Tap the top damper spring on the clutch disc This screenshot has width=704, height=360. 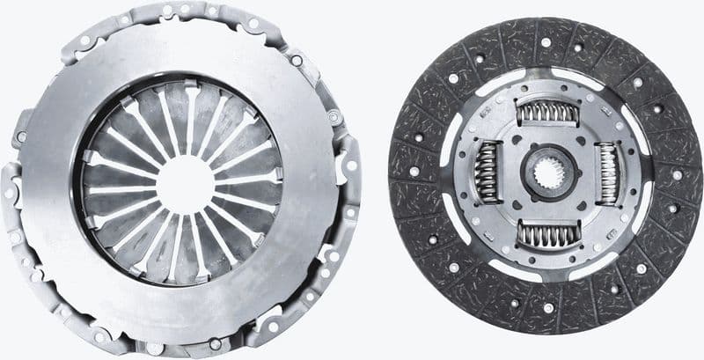(x=546, y=112)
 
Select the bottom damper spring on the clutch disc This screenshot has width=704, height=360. (x=546, y=233)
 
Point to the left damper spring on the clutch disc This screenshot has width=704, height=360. (x=486, y=173)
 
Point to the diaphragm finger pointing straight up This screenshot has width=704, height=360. (x=187, y=114)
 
